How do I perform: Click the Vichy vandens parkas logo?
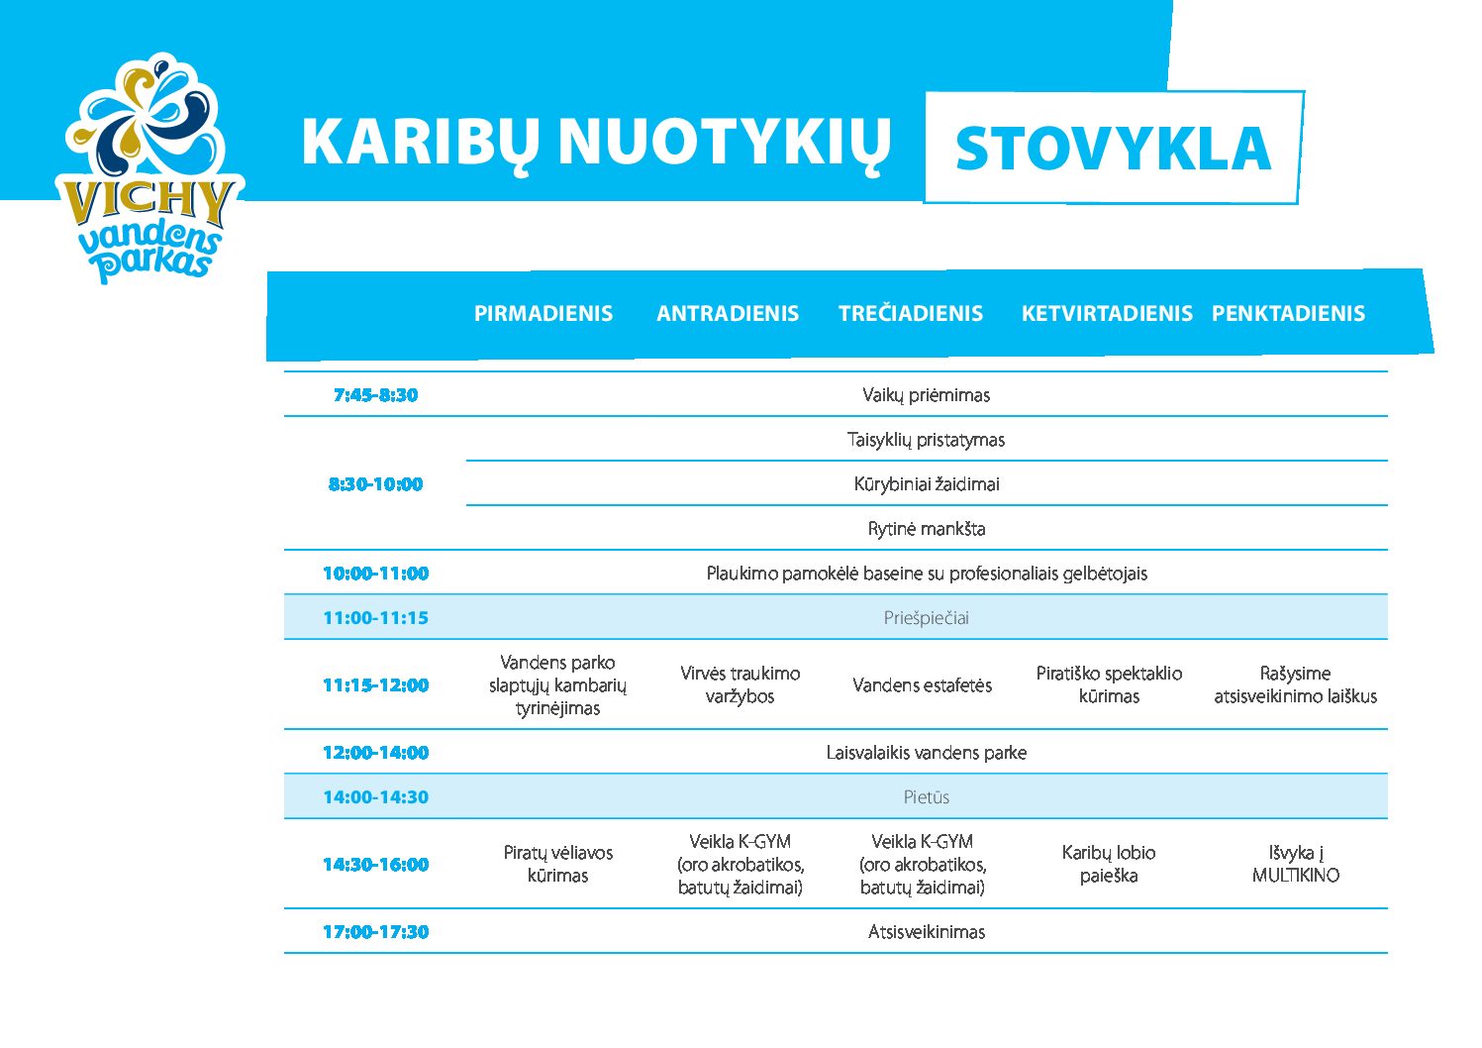coord(150,168)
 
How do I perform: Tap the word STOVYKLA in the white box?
coord(1113,149)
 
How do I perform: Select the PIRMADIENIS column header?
coord(543,313)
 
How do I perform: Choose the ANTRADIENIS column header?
coord(727,313)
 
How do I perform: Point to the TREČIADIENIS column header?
coord(911,312)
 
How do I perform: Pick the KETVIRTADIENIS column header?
coord(1107,313)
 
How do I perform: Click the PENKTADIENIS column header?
coord(1288,313)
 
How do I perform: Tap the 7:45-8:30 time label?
coord(376,395)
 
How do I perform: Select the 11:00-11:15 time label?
coord(376,618)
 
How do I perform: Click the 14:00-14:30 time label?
coord(376,796)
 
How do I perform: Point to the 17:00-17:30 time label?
coord(376,931)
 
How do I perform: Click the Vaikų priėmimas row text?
coord(927,395)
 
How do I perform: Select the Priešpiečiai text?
coord(927,618)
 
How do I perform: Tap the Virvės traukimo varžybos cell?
coord(740,684)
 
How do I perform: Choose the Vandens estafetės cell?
coord(923,684)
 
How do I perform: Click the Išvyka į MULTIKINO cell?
coord(1296,864)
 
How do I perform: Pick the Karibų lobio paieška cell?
coord(1109,864)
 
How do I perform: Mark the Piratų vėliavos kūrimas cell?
coord(557,864)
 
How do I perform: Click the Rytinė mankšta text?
coord(927,529)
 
